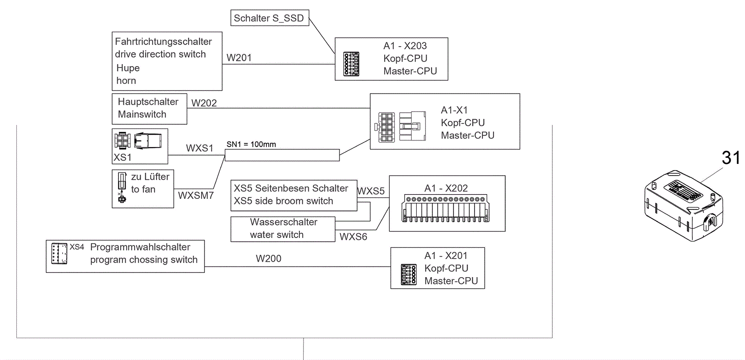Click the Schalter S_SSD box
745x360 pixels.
pos(270,18)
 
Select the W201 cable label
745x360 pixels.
pos(239,58)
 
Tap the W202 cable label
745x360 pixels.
pos(204,103)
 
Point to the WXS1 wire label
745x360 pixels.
pos(199,148)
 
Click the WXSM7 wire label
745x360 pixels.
pos(196,196)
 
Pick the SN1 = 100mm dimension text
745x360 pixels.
pos(251,144)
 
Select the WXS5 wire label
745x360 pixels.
pos(371,191)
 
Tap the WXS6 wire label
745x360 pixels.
pos(353,237)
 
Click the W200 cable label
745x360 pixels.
pos(268,258)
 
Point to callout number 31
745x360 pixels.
pos(731,158)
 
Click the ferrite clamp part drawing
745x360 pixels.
pos(684,206)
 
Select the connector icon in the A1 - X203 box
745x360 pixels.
pos(351,64)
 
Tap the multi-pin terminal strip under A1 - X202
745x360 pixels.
pos(446,208)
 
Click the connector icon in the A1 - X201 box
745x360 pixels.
pos(408,274)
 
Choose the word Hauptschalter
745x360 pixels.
pos(148,102)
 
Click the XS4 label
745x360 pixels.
pos(77,247)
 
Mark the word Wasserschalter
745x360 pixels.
pos(283,222)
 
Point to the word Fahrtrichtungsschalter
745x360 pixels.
pos(163,41)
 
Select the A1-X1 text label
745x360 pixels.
pos(454,110)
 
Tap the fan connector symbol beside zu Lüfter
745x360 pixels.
pos(122,188)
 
